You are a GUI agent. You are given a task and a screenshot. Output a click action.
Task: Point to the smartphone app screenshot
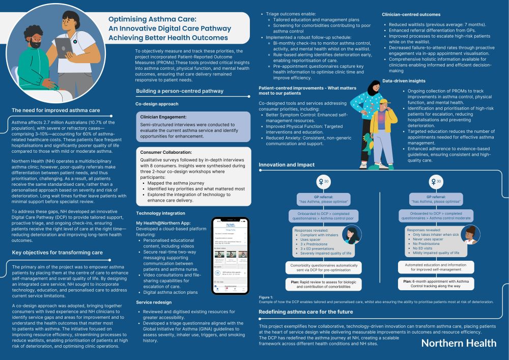230,256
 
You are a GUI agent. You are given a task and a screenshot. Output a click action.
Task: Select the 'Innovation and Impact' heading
286,164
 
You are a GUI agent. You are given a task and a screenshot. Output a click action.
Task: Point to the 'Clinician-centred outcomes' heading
411,15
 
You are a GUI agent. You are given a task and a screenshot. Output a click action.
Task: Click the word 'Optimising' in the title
130,19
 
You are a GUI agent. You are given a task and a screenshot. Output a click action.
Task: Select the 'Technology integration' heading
161,213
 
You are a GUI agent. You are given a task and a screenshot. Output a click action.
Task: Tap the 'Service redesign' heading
153,302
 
